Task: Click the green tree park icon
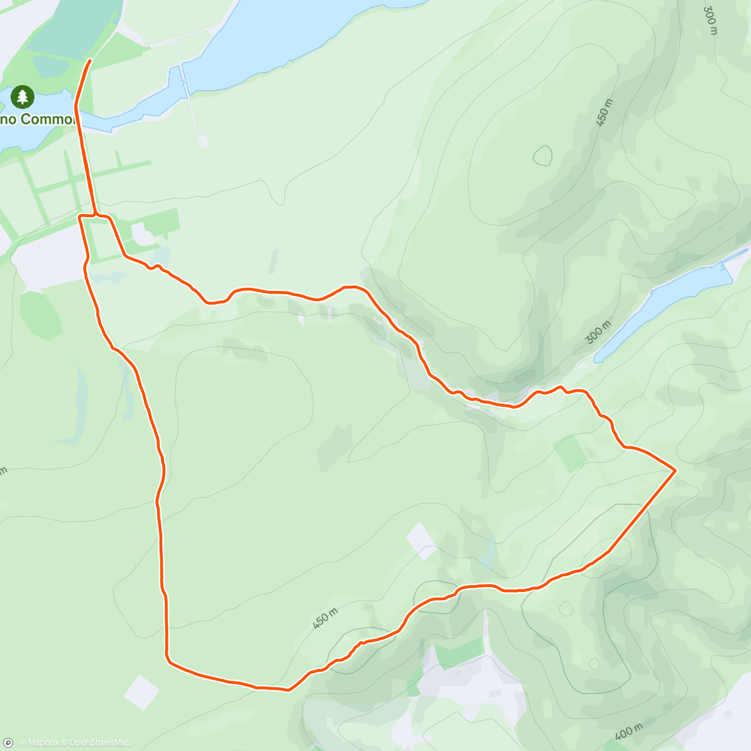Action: coord(23,97)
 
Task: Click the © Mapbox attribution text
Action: coord(39,742)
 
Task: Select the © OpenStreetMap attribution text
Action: coord(96,742)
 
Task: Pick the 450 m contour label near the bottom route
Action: coord(325,618)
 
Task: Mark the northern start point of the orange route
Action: coord(90,61)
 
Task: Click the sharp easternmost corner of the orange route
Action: coord(675,469)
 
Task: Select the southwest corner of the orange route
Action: coord(168,657)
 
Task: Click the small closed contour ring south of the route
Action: coord(566,608)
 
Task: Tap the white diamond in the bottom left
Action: coord(141,692)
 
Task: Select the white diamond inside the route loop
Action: coord(421,541)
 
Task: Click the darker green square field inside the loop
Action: coord(570,453)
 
